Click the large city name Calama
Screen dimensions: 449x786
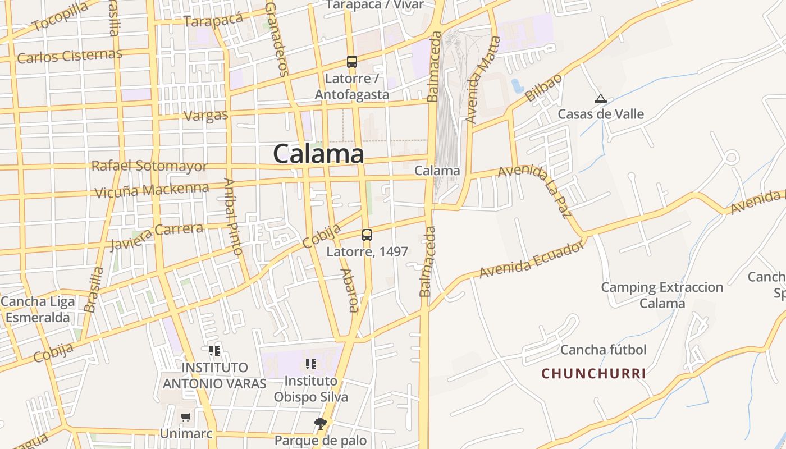pyautogui.click(x=318, y=153)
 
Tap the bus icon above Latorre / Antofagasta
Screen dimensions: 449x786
pyautogui.click(x=352, y=62)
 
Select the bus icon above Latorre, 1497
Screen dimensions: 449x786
pyautogui.click(x=367, y=235)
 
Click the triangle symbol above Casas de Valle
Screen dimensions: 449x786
pyautogui.click(x=601, y=99)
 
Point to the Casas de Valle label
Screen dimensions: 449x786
pyautogui.click(x=601, y=114)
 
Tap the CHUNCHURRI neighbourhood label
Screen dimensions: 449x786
pyautogui.click(x=593, y=373)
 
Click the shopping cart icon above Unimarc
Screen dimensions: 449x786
pyautogui.click(x=186, y=418)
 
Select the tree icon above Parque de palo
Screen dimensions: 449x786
pyautogui.click(x=321, y=423)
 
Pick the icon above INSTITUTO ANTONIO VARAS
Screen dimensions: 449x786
pyautogui.click(x=214, y=351)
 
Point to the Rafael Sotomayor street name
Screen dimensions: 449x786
pyautogui.click(x=149, y=166)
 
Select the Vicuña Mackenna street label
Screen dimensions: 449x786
pyautogui.click(x=152, y=190)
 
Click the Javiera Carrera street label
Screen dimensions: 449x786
pyautogui.click(x=157, y=236)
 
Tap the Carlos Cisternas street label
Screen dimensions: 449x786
pyautogui.click(x=70, y=56)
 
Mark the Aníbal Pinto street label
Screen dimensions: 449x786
pyautogui.click(x=233, y=216)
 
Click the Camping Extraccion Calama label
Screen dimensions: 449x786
pyautogui.click(x=662, y=295)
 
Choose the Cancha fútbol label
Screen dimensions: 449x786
pyautogui.click(x=604, y=350)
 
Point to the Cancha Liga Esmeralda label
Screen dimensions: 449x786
pyautogui.click(x=37, y=310)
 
